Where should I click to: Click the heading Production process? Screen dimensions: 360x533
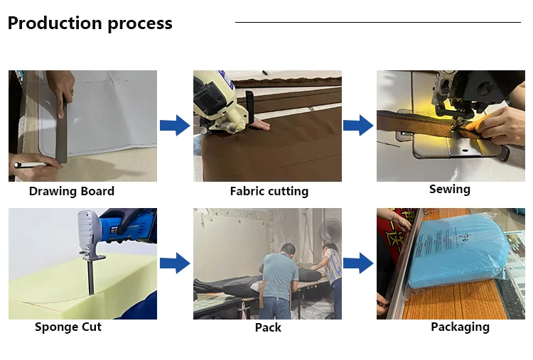(90, 23)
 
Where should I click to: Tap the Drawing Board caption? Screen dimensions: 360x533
(72, 191)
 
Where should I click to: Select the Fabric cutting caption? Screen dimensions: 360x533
(269, 191)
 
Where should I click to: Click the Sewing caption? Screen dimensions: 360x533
(449, 189)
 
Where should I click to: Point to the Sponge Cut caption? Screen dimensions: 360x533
(68, 327)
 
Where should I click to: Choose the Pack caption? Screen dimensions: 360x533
(268, 327)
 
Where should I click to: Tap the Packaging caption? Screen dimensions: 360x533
(460, 327)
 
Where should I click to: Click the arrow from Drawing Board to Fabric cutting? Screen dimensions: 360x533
(174, 126)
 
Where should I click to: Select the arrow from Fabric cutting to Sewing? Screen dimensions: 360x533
(358, 126)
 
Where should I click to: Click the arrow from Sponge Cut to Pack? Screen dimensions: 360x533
(174, 263)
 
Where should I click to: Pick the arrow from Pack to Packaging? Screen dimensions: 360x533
(358, 263)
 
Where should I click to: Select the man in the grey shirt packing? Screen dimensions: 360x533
(279, 273)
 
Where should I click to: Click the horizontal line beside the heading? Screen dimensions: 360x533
(377, 22)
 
